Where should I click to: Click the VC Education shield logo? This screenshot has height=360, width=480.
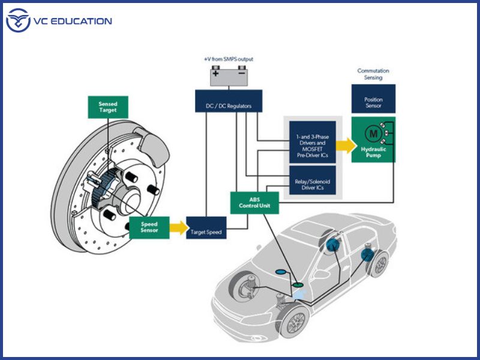tap(18, 22)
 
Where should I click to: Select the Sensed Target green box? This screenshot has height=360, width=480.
tap(108, 107)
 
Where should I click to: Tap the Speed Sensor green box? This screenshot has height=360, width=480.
tap(149, 226)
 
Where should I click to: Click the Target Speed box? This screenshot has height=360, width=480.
tap(206, 231)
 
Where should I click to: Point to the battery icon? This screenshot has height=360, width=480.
tap(229, 76)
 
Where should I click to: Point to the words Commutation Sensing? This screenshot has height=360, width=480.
tap(373, 74)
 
